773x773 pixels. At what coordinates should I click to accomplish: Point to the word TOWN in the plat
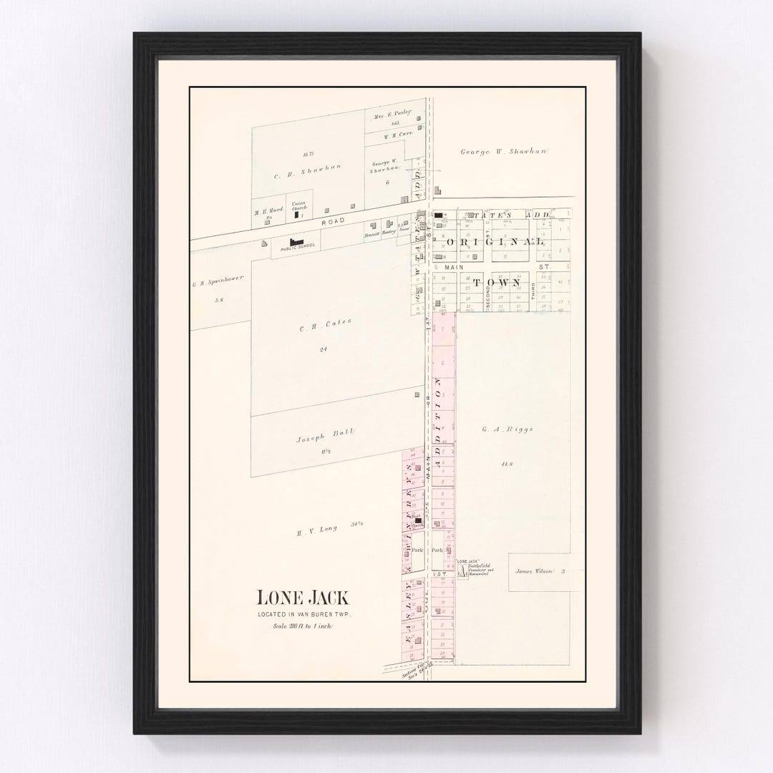pyautogui.click(x=505, y=283)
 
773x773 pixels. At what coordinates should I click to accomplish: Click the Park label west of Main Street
pyautogui.click(x=417, y=550)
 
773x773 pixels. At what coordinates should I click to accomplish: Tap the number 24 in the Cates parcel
pyautogui.click(x=324, y=349)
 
